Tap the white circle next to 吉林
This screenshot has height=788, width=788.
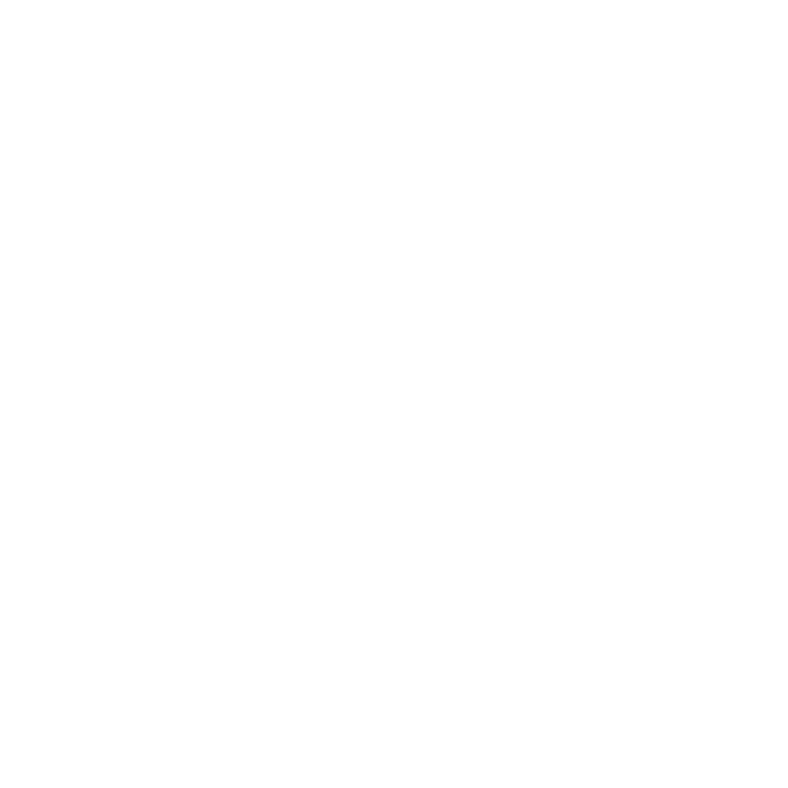(x=493, y=131)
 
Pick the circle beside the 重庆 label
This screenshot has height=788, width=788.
(x=145, y=476)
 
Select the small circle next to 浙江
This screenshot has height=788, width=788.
(x=414, y=509)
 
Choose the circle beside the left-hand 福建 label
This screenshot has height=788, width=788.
(x=319, y=554)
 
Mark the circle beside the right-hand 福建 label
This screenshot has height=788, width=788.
(x=383, y=588)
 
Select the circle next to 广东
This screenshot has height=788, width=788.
(x=282, y=654)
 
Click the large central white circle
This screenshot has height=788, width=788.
(x=400, y=393)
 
